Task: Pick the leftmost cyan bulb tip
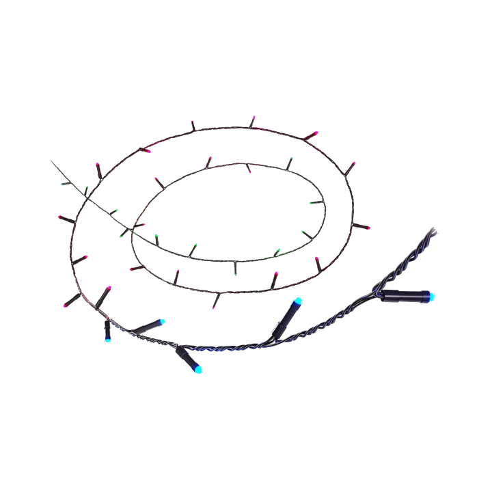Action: (108, 339)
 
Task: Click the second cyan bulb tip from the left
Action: (163, 320)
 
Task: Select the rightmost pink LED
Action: (370, 225)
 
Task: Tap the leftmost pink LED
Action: (59, 217)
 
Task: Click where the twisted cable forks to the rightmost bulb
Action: (377, 291)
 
